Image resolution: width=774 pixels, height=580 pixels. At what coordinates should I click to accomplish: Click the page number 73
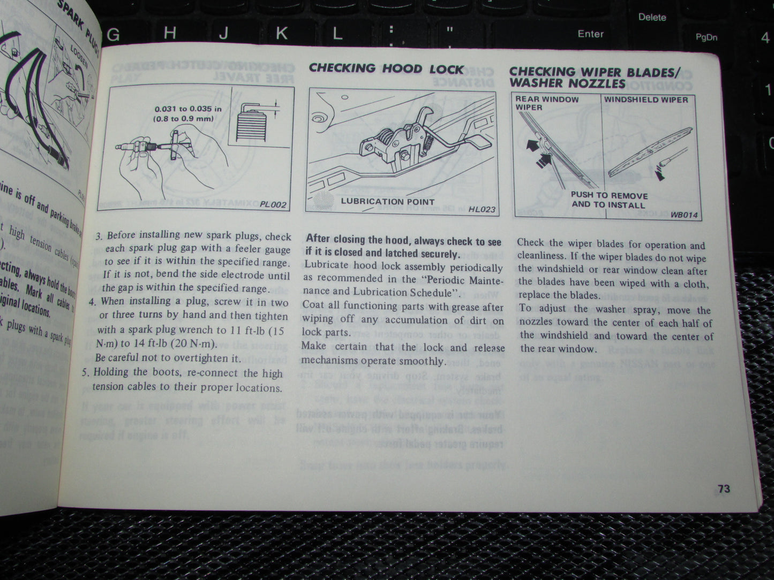724,489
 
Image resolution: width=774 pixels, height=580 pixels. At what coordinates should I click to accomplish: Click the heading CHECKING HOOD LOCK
386,68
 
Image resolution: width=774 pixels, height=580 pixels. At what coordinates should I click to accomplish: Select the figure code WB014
684,215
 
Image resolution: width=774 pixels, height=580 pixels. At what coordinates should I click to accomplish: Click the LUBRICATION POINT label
388,202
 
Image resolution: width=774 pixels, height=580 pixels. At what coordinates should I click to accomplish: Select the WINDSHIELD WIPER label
646,100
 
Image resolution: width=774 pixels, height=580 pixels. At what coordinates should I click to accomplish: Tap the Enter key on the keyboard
590,34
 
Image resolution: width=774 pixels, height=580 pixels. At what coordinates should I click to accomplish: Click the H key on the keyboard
170,34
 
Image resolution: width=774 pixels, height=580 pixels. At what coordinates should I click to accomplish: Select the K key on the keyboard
281,34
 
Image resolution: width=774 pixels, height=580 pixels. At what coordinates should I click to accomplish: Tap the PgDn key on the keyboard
706,37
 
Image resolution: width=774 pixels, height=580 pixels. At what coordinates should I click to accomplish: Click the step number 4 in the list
92,302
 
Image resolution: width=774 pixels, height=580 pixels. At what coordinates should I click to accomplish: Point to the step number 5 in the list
85,373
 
